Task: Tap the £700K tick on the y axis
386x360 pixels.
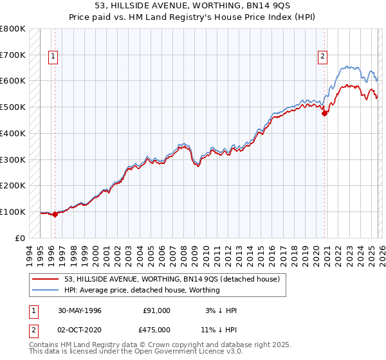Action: [x=13, y=55]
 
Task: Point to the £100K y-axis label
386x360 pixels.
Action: [x=13, y=212]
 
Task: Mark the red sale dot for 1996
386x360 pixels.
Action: [x=55, y=214]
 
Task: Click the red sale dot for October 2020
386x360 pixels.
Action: [x=325, y=114]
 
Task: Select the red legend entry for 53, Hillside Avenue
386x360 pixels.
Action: [x=172, y=280]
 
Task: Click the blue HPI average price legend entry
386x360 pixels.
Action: [x=142, y=291]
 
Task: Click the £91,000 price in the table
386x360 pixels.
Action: [x=156, y=310]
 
